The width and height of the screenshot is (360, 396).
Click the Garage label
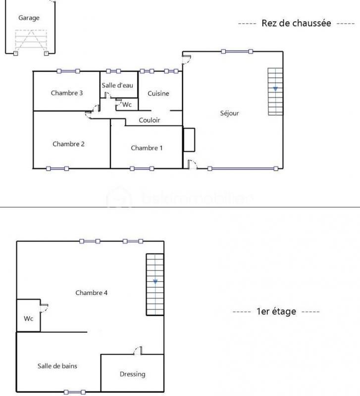pyautogui.click(x=29, y=18)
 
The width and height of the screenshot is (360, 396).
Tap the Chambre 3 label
pyautogui.click(x=67, y=93)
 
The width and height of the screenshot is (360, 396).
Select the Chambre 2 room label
pyautogui.click(x=68, y=144)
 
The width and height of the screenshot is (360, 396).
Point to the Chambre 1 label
pyautogui.click(x=147, y=148)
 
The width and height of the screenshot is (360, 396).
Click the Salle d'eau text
pyautogui.click(x=118, y=85)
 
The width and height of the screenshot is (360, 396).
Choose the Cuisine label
pyautogui.click(x=158, y=94)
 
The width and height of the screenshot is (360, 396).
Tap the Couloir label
pyautogui.click(x=149, y=120)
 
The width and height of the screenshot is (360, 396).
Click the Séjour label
pyautogui.click(x=229, y=113)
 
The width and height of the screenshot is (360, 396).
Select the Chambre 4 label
pyautogui.click(x=91, y=293)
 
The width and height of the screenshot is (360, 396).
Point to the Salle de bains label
pyautogui.click(x=57, y=366)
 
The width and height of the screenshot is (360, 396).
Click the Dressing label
pyautogui.click(x=132, y=374)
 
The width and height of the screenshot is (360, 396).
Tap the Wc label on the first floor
pyautogui.click(x=29, y=319)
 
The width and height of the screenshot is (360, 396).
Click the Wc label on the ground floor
pyautogui.click(x=127, y=104)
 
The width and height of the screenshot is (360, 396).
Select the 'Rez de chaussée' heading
pyautogui.click(x=296, y=23)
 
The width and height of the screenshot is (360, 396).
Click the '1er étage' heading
pyautogui.click(x=276, y=311)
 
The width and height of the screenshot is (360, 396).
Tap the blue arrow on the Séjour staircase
pyautogui.click(x=275, y=89)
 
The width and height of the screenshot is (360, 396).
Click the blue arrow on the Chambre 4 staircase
pyautogui.click(x=155, y=282)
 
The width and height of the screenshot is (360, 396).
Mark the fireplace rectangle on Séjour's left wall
pyautogui.click(x=189, y=140)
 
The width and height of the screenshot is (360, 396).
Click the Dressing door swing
pyautogui.click(x=137, y=351)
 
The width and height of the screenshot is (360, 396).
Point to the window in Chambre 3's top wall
pyautogui.click(x=68, y=71)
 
